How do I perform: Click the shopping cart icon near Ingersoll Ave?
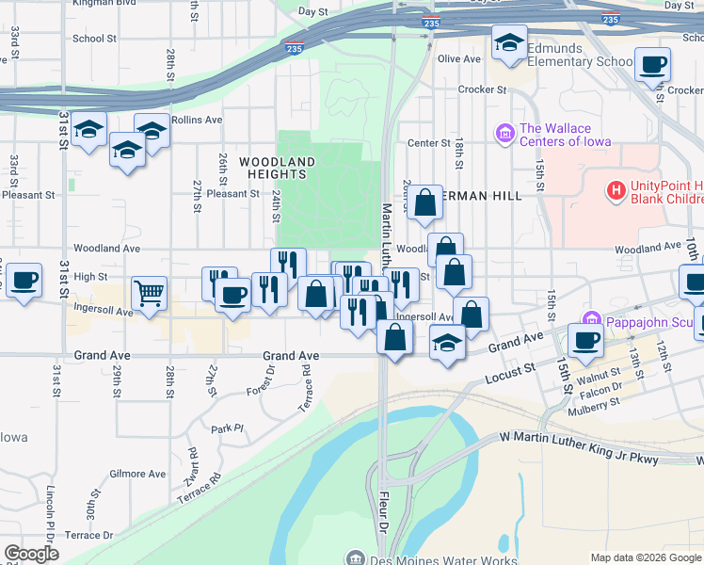[150, 294]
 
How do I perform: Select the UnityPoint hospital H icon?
[616, 191]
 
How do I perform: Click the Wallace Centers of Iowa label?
[565, 136]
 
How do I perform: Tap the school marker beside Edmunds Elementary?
[509, 43]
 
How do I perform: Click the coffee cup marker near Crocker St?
[652, 66]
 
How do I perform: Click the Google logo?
[31, 554]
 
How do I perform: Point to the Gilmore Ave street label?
[137, 474]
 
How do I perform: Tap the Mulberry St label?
[595, 400]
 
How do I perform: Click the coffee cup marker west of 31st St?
[24, 281]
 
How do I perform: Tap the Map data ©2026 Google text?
[645, 557]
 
